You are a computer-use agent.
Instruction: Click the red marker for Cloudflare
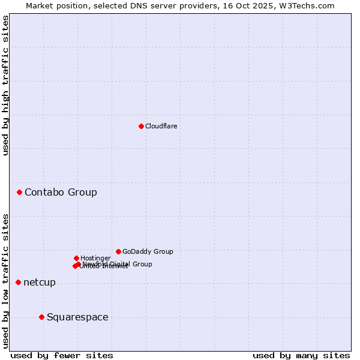pos(141,126)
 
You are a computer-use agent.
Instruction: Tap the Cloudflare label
pos(161,126)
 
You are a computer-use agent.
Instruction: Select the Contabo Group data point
pos(20,192)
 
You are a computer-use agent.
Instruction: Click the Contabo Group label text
pos(61,193)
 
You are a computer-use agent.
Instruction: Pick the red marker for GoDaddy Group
pos(118,251)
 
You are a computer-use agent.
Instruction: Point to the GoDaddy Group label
pos(148,252)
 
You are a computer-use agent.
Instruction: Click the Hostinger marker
pos(76,258)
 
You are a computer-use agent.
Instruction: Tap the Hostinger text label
pos(95,259)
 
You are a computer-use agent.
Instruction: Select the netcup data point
pos(19,282)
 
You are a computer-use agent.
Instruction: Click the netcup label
pos(40,283)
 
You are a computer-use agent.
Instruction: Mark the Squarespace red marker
pos(41,317)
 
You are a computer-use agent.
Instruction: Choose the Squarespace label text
pos(77,317)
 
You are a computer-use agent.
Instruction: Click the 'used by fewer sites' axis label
pos(62,356)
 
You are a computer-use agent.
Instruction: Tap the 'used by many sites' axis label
pos(301,356)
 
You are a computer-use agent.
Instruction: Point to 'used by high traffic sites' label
pos(5,85)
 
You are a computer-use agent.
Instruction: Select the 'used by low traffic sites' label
pos(5,280)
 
